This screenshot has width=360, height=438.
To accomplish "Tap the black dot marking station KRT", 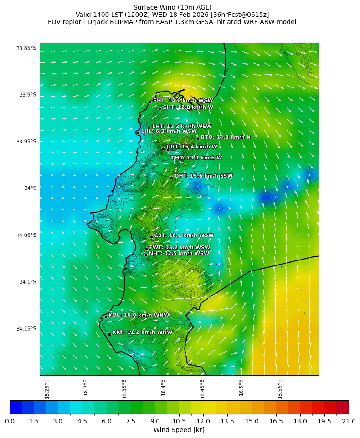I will coord(109,334).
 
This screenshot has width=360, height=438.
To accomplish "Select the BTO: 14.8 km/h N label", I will coord(226,137).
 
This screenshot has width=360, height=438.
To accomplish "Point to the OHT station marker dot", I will coord(171,178).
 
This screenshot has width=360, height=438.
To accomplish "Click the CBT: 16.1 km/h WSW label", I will coord(184,235).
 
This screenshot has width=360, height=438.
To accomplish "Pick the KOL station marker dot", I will coord(106,317).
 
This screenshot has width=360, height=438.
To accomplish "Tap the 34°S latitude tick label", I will coord(31,188).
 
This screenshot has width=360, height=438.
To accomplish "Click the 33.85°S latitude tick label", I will coord(26,48).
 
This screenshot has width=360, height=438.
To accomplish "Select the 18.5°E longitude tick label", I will coord(241,389).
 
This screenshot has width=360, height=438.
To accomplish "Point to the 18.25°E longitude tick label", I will coord(47,389).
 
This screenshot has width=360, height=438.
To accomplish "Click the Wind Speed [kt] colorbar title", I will coord(179,430).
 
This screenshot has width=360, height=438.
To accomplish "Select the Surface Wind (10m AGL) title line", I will coord(172,7).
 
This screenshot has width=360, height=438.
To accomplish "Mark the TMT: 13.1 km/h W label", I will coord(196,158).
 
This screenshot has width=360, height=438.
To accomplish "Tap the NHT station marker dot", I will coord(146,255).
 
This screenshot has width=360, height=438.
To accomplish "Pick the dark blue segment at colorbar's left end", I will coord(15,407).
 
